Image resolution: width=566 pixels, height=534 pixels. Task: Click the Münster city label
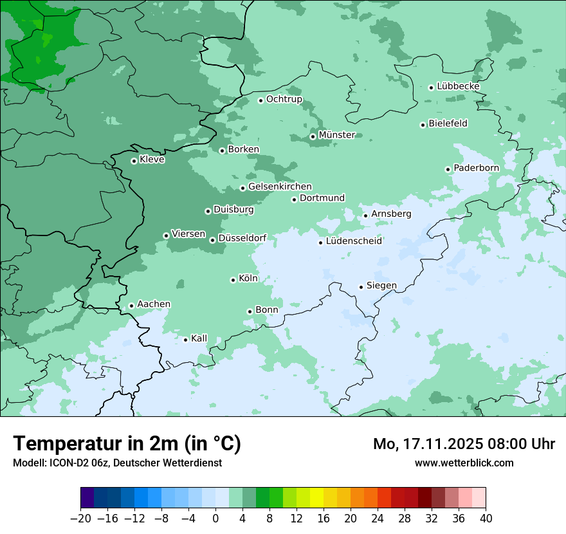[x=337, y=135]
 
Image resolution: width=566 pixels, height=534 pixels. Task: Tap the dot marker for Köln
[x=233, y=280]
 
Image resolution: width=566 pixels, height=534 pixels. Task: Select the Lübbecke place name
[x=458, y=86]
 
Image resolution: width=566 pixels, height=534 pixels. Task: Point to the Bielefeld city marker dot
[x=423, y=125]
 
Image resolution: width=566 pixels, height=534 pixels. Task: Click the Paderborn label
[x=476, y=168]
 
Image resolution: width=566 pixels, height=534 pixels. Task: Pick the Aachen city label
[x=154, y=304]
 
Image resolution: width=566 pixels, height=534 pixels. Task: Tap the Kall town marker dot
[x=185, y=340]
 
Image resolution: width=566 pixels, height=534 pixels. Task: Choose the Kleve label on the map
[x=152, y=160]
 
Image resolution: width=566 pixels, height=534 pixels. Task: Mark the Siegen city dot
[x=361, y=287]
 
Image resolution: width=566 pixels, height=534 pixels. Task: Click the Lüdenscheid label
[x=354, y=241]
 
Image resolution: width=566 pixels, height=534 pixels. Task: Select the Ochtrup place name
[x=284, y=99]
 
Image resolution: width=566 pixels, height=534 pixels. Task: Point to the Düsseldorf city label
[x=242, y=239]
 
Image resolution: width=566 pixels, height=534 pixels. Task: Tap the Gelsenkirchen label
[x=280, y=187]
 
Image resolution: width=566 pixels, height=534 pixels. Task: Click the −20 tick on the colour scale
[x=80, y=519]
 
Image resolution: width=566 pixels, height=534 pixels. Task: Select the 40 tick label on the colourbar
[x=486, y=519]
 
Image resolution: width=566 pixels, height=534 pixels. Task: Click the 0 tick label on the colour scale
[x=215, y=519]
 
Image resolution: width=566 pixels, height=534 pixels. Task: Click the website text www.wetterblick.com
[x=464, y=463]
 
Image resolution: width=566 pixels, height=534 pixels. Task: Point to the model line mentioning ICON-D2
[x=117, y=463]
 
